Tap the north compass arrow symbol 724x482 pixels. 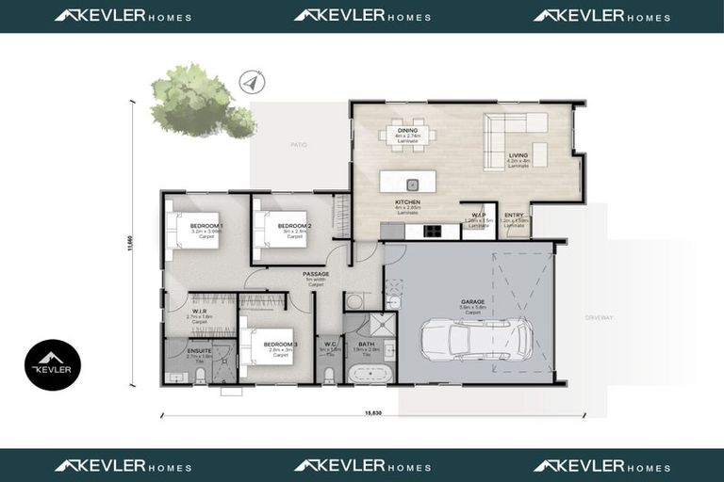coord(251,82)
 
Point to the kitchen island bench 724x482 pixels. coord(412,182)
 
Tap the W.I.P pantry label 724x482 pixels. coord(479,217)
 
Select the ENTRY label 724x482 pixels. coord(514,217)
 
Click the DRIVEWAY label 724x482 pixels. coord(598,317)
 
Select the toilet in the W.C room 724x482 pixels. coord(328,374)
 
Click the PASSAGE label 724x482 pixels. coord(316,274)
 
